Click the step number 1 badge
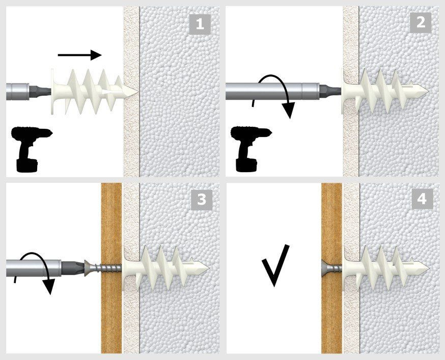click(x=200, y=24)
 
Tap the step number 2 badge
click(x=421, y=22)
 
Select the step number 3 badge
click(x=202, y=200)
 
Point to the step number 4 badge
click(x=422, y=199)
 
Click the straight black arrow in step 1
click(x=80, y=55)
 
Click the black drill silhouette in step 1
click(x=31, y=149)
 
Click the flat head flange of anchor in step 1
click(x=54, y=92)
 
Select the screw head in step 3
click(x=88, y=268)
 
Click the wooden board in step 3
click(x=112, y=268)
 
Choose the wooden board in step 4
click(x=331, y=268)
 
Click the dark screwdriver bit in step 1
click(x=40, y=92)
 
